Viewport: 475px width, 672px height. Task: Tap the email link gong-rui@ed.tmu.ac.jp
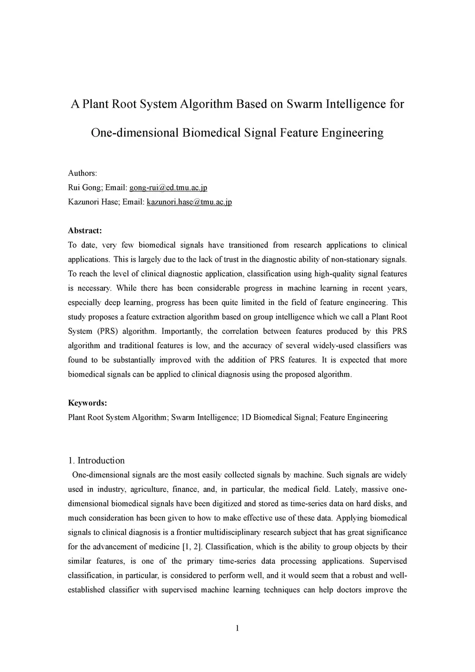tap(168, 187)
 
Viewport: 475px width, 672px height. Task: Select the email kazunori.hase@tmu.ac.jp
tap(189, 202)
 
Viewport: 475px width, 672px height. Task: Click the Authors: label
tap(83, 173)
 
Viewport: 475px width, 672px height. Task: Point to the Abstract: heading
tap(85, 231)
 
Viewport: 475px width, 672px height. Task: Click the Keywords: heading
tap(88, 403)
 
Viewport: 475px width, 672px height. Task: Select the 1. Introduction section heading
tap(96, 460)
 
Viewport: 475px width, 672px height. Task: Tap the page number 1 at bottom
tap(237, 628)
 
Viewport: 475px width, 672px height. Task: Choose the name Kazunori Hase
tap(93, 202)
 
